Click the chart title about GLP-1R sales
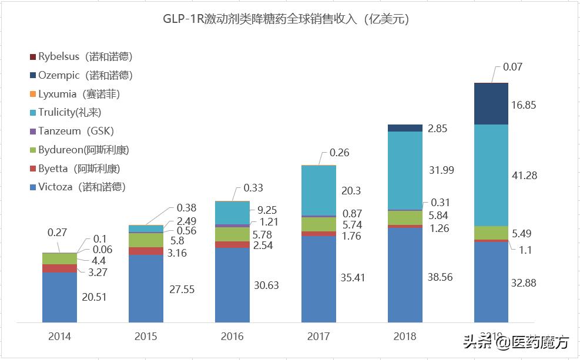286,19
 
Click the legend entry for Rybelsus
85,57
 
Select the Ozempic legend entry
85,75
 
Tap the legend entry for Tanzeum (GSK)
76,131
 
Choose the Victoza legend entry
82,187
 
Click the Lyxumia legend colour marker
32,94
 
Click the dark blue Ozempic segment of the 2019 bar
491,103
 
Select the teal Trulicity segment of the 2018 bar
405,170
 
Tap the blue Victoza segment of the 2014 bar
59,297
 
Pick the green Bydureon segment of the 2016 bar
232,234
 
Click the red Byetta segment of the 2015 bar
146,251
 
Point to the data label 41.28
524,176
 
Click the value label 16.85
524,105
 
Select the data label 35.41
353,277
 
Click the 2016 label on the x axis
232,337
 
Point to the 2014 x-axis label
59,337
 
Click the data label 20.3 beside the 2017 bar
350,191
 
